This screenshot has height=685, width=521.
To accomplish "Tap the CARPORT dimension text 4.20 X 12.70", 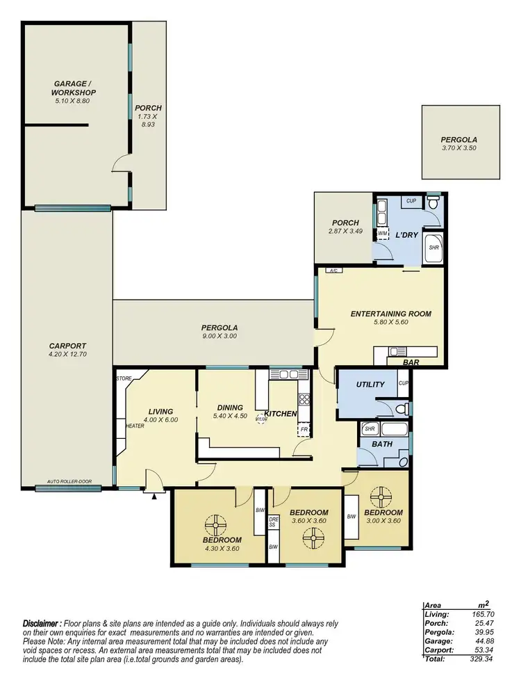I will pyautogui.click(x=67, y=354).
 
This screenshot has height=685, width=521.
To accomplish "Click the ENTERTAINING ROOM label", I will pyautogui.click(x=390, y=314).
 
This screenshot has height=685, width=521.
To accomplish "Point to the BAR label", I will pyautogui.click(x=412, y=362).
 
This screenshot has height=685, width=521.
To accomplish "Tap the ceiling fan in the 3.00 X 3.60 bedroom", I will pyautogui.click(x=381, y=498).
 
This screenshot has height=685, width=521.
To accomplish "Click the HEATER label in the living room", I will pyautogui.click(x=134, y=426).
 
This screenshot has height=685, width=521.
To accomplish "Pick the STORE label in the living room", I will pyautogui.click(x=124, y=378).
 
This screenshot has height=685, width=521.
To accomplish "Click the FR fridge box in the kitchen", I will pyautogui.click(x=304, y=430).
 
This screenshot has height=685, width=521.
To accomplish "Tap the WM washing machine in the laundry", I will pyautogui.click(x=383, y=233).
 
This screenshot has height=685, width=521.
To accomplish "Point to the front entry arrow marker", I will pyautogui.click(x=154, y=496).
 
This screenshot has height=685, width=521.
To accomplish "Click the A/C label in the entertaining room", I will pyautogui.click(x=333, y=271).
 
